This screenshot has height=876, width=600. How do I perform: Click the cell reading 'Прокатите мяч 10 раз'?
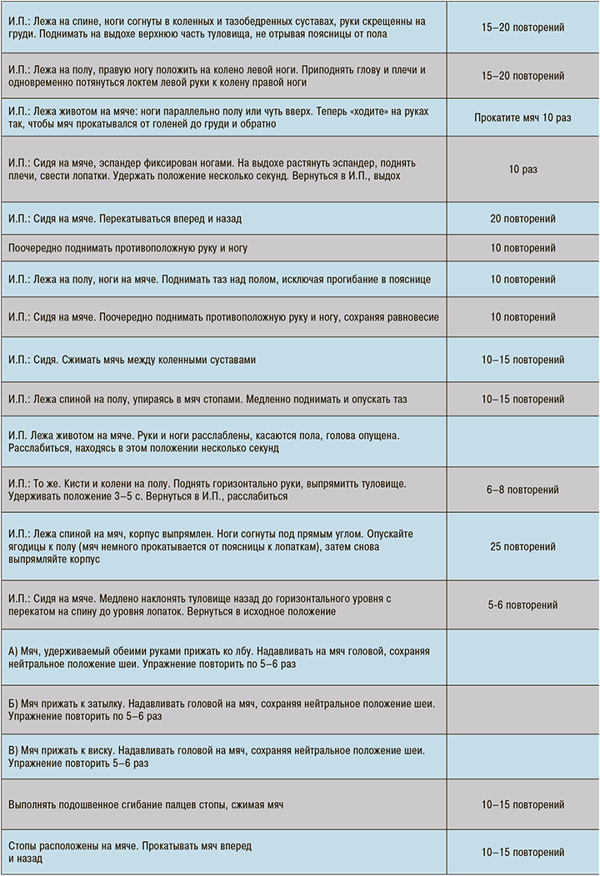pos(522,117)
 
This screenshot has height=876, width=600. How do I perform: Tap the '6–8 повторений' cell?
pos(522,490)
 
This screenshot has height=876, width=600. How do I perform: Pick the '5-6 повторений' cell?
pos(522,605)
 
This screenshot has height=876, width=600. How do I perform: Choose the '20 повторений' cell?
pos(522,219)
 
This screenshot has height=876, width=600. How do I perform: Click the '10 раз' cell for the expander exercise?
pos(522,170)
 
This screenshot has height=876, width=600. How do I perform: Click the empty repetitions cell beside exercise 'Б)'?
pos(522,707)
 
